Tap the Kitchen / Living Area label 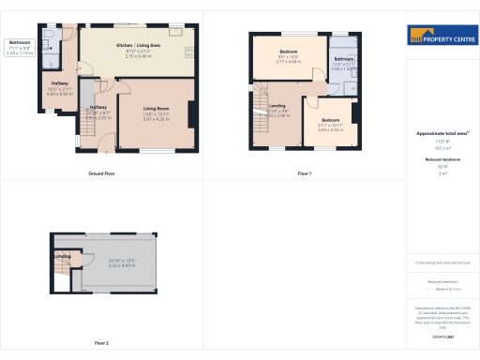(x=138, y=45)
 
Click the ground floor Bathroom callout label (x=20, y=43)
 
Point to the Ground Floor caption (x=101, y=174)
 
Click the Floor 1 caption (x=304, y=174)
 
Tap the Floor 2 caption (x=101, y=343)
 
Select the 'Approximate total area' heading (x=441, y=134)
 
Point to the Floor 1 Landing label (x=277, y=106)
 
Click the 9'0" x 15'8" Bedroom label (x=287, y=50)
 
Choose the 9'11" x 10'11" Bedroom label (x=331, y=120)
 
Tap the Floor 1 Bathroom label (x=343, y=60)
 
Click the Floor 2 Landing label (x=62, y=256)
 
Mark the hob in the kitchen (x=190, y=52)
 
